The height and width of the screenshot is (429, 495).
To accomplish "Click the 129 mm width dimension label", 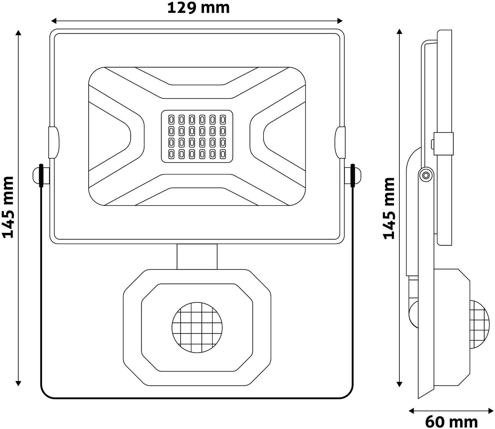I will click(198, 8).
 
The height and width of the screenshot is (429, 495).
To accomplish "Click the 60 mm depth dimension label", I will click(451, 422).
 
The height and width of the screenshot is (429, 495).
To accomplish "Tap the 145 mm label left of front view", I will click(8, 208).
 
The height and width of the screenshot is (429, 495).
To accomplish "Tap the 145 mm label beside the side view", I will click(389, 208).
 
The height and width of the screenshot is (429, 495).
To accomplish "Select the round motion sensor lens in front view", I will click(197, 328).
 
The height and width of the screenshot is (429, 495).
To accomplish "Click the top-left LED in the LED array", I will click(172, 120).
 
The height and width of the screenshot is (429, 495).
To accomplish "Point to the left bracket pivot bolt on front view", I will click(41, 175).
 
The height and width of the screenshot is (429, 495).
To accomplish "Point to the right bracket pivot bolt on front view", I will click(353, 175).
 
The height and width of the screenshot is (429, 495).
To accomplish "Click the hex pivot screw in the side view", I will click(426, 175).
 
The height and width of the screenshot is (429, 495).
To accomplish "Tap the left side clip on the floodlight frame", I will click(54, 142).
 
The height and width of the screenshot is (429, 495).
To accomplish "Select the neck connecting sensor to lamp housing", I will click(197, 256).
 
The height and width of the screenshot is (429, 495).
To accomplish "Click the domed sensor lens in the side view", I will click(480, 328).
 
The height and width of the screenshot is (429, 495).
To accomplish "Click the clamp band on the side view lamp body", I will click(443, 144).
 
